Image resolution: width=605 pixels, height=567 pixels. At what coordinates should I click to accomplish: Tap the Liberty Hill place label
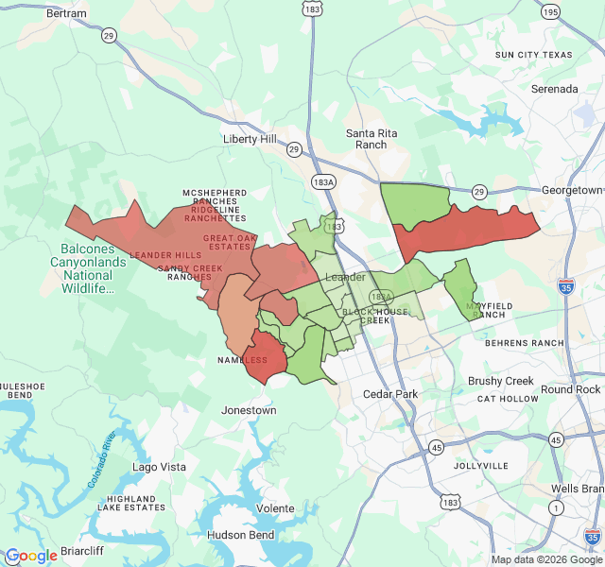coord(249,139)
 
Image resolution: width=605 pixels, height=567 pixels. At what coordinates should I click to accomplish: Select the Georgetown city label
coord(572,190)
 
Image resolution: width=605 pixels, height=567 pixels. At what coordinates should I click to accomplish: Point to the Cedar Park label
coord(390,394)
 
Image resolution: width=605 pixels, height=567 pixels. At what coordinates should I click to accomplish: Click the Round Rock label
coord(571,389)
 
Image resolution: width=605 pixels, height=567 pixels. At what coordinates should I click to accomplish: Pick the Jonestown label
coord(249,411)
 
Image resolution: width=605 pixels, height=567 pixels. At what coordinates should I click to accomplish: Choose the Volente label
coord(275,508)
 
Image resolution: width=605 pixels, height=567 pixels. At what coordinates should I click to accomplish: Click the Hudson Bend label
coord(239,534)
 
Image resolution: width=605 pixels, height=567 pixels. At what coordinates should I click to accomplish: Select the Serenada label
coord(555,89)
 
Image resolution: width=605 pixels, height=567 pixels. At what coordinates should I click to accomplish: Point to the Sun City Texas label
coord(534,55)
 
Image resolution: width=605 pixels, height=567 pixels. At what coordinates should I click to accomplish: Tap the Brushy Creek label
coord(501,381)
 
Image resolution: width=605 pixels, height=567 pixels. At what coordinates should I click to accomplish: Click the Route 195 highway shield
coord(550,12)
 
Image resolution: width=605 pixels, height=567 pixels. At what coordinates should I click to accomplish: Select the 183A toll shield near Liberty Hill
coord(321,180)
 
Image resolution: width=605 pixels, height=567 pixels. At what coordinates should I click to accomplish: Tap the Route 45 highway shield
coord(436,447)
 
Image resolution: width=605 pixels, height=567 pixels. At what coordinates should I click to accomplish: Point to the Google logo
coord(31,556)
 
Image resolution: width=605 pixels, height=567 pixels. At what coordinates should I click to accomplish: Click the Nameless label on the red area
coord(242,360)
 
